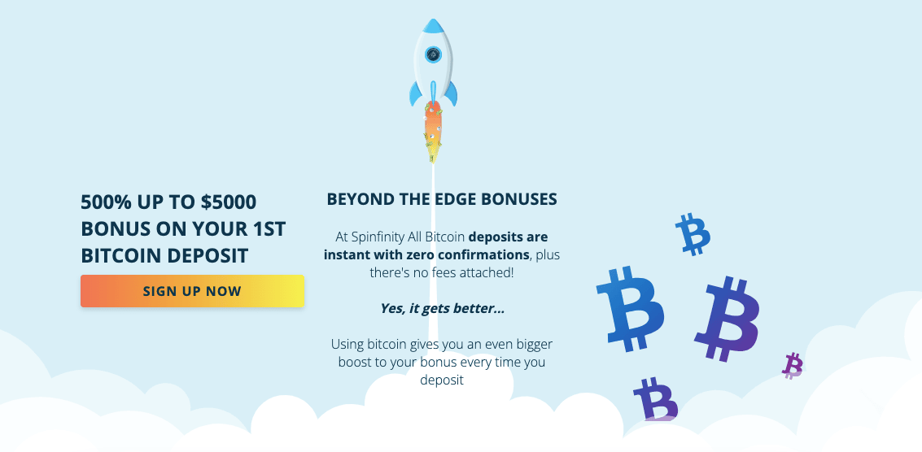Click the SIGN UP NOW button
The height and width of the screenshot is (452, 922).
point(192,291)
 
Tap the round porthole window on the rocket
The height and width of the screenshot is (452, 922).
point(434,54)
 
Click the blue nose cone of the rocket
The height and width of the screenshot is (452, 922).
point(434,26)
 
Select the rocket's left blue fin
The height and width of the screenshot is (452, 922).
point(416,94)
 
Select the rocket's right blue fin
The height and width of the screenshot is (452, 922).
point(450,94)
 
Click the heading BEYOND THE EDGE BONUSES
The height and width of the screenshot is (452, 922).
point(442,199)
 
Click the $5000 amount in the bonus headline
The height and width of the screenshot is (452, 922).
point(228,202)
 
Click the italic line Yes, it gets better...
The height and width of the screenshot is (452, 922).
point(442,309)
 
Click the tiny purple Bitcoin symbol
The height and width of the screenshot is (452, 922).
point(793,366)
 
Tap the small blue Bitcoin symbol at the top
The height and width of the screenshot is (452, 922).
point(693,234)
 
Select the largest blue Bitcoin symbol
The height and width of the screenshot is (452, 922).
point(630,309)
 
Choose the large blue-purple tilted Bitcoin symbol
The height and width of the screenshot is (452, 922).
point(728,318)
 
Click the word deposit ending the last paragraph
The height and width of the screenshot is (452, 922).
point(442,380)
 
